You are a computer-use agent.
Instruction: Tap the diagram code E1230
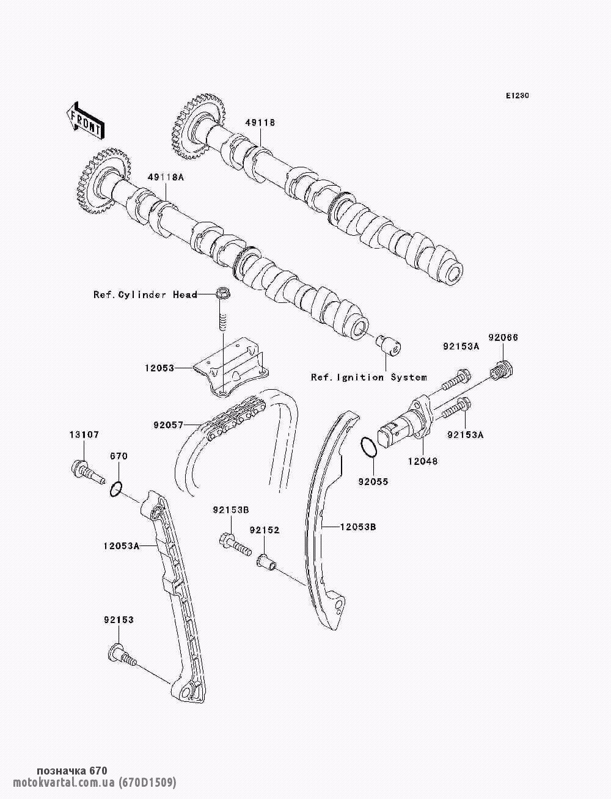517,96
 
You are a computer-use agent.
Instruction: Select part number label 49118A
165,177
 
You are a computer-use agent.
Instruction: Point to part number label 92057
168,423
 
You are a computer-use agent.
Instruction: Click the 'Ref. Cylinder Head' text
145,294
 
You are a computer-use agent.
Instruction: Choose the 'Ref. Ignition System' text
369,377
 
